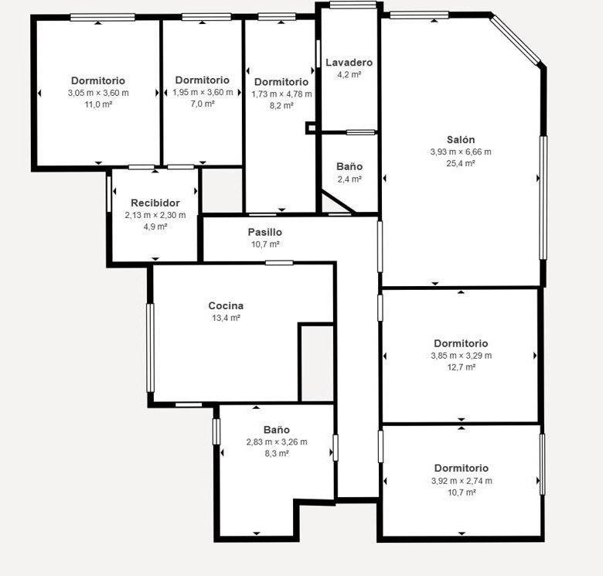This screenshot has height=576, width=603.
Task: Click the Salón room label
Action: coord(461,140)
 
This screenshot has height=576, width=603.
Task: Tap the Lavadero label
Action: coord(349,63)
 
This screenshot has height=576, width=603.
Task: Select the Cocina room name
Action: coord(226,305)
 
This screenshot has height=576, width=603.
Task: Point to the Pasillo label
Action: coord(265,232)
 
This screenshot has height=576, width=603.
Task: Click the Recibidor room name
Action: coord(155,203)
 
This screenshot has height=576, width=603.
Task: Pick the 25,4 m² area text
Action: coord(461,163)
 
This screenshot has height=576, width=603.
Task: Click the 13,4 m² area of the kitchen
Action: coord(226,318)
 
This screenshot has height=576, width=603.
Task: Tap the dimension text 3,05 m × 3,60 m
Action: coord(98,93)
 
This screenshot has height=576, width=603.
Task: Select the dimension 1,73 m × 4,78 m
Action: coord(282,94)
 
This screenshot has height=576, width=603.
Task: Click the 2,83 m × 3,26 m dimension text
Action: coord(277,441)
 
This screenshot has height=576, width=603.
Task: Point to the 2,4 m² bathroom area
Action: coord(349,179)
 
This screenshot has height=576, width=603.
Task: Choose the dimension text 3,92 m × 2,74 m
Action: coord(462,481)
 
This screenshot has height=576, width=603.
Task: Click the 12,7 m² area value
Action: coord(462,366)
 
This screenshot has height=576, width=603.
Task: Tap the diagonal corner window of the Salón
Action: coord(516,39)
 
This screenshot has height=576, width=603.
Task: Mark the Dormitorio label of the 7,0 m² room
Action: coord(203,80)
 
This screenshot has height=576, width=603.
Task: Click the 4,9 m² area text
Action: coord(155,227)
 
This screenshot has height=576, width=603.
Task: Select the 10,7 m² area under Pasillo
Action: coord(265,244)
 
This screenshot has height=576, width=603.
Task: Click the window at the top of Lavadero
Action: coord(353,5)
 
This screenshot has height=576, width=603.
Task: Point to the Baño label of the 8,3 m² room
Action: coord(277,430)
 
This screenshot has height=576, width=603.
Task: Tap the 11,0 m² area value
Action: coord(98,104)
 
